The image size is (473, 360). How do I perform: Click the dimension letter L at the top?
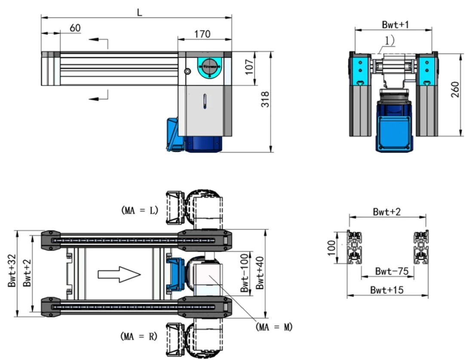pos(139,12)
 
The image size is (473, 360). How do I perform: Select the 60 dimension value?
pos(75,28)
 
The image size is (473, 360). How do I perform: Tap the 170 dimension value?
pos(202,34)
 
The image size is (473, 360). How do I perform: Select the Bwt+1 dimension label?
pos(395,25)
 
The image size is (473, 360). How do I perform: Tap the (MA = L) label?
pos(140,211)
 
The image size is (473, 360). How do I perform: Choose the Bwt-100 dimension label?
pos(244,273)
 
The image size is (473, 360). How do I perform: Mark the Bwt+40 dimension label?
pos(260,273)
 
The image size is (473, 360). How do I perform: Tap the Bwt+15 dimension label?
pos(387,290)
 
